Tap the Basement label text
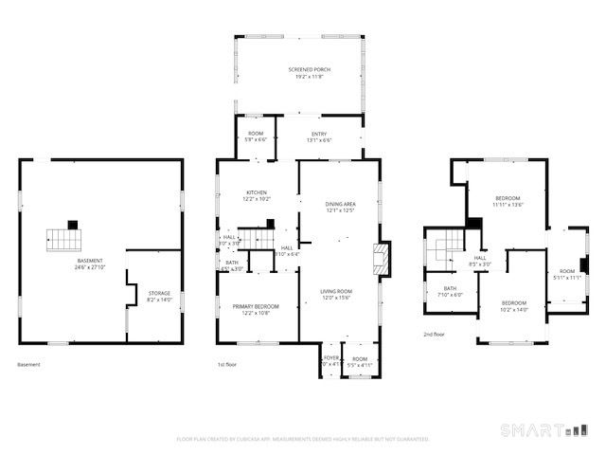(91, 261)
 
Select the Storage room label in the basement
(159, 294)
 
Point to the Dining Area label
(340, 204)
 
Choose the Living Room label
(338, 291)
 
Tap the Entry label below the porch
(319, 135)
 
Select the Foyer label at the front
(330, 357)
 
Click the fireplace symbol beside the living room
(381, 259)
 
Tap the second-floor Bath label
(450, 288)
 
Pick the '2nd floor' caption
(435, 335)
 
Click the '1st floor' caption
(225, 365)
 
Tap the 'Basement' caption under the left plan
(29, 365)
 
